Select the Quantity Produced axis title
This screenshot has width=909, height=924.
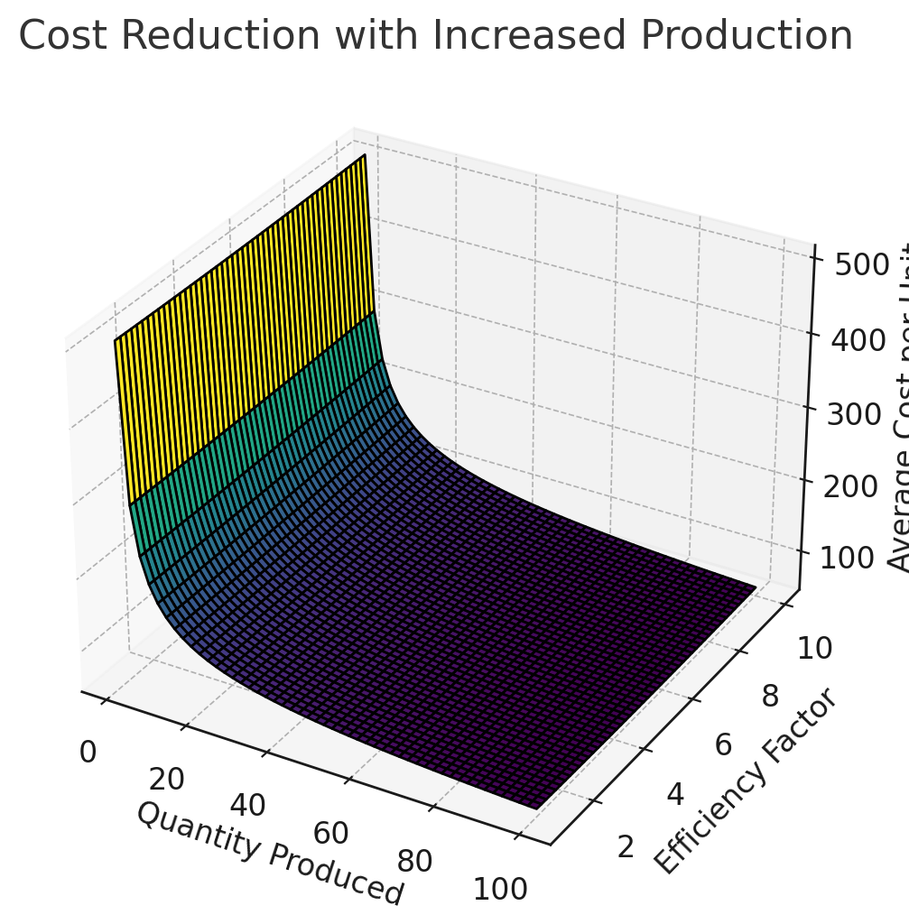point(269,852)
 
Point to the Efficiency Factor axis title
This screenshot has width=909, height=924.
point(746,781)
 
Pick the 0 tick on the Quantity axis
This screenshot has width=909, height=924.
point(88,752)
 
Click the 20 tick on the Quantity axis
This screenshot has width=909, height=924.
point(166,779)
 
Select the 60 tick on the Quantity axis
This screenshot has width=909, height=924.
point(330,832)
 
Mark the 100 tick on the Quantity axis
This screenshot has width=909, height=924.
point(499,889)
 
